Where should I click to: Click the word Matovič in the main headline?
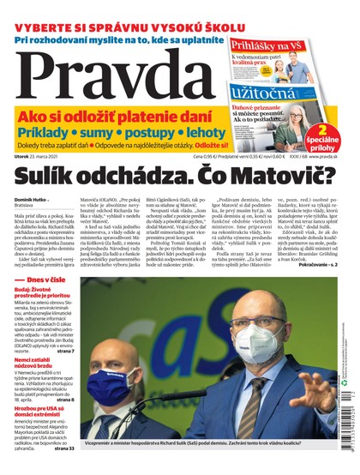(x=278, y=177)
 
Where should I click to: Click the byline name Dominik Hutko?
(x=34, y=199)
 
